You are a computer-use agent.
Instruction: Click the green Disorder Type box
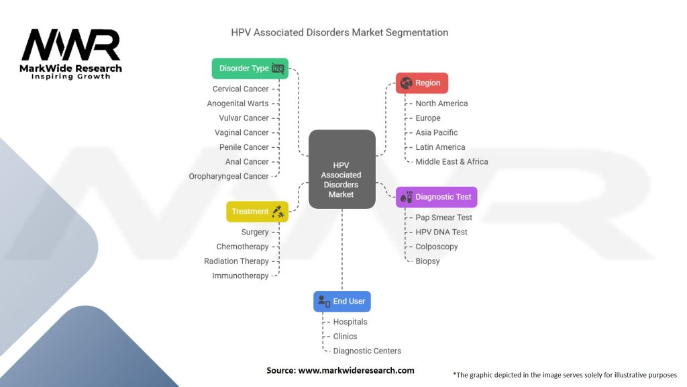(250, 69)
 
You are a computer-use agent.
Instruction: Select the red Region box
(421, 83)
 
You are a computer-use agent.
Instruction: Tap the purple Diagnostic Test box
(436, 197)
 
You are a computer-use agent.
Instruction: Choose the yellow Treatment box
(257, 212)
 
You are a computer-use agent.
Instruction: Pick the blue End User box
(341, 302)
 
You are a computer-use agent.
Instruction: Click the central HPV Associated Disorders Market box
(341, 169)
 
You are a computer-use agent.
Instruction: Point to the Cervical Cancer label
(240, 89)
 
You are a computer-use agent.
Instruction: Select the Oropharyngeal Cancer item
(229, 176)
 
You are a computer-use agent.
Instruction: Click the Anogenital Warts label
(237, 103)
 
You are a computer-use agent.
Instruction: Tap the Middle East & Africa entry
(452, 162)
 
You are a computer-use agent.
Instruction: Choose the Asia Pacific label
(436, 132)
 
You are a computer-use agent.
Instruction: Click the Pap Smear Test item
(443, 218)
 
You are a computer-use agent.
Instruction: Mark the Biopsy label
(427, 261)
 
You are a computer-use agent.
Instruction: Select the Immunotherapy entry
(240, 276)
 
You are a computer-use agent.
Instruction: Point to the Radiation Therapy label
(236, 261)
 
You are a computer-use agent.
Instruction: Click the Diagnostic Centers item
(367, 351)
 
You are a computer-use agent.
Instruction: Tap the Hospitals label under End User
(350, 322)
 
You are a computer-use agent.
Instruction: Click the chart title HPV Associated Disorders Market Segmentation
(339, 32)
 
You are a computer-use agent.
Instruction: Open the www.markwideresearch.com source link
(356, 370)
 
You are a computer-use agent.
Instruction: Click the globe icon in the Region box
(405, 83)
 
